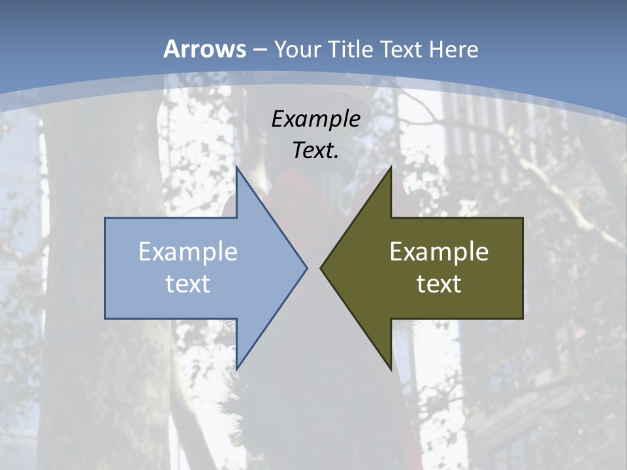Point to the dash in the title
click(x=259, y=50)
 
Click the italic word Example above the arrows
click(x=316, y=119)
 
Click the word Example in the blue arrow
click(x=188, y=251)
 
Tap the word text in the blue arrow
click(x=188, y=283)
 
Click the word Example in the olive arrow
click(x=439, y=251)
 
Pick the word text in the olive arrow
click(x=439, y=283)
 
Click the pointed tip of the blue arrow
click(x=307, y=268)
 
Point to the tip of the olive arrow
click(x=320, y=268)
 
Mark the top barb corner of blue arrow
click(x=236, y=167)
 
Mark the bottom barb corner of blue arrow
click(x=236, y=369)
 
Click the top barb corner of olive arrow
click(x=391, y=167)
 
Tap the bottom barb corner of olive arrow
click(x=391, y=369)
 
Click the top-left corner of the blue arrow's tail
click(x=105, y=218)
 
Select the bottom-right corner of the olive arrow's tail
click(x=522, y=319)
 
